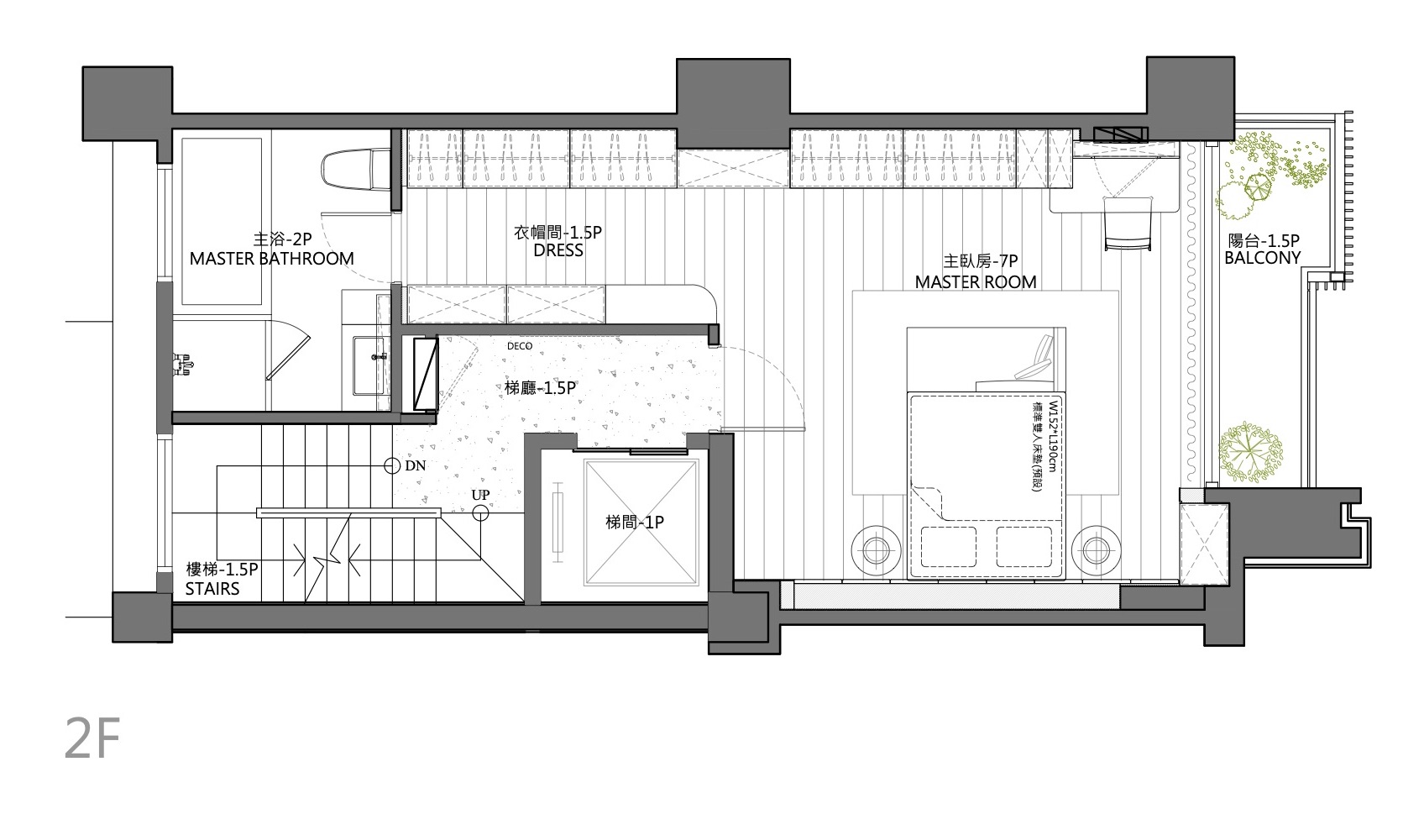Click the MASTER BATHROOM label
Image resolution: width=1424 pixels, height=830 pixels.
coord(271,259)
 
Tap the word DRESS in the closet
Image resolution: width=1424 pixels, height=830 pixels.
coord(558,250)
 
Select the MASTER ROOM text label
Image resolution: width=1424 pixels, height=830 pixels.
coord(976,281)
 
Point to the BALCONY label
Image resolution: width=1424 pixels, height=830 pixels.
coord(1263,258)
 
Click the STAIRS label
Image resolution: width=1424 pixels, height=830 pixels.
coord(212,589)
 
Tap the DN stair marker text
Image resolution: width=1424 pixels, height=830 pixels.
coord(416,465)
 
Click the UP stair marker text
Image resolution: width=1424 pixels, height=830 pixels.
coord(480,495)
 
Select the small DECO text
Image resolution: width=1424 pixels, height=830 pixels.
coord(520,346)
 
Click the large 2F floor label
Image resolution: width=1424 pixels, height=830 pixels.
coord(93,738)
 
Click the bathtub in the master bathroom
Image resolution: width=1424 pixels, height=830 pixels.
coord(222,221)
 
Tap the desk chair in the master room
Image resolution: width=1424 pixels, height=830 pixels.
coord(1128,223)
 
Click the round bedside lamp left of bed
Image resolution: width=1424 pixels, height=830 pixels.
coord(876,551)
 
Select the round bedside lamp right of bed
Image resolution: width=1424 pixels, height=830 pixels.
coord(1096,551)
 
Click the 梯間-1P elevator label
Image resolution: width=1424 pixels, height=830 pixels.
coord(635,523)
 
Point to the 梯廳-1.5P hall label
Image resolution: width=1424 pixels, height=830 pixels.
coord(541,388)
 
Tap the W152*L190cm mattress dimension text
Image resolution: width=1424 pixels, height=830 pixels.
coord(1054,436)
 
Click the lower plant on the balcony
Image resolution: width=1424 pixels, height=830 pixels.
coord(1250,452)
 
